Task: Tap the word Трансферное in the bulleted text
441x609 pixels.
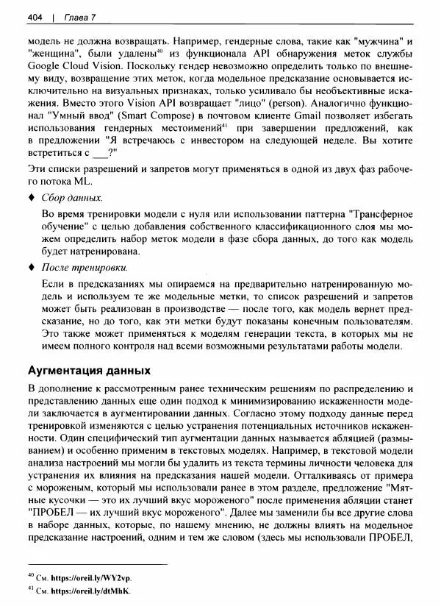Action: pos(376,214)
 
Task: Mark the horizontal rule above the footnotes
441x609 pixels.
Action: pos(97,565)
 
